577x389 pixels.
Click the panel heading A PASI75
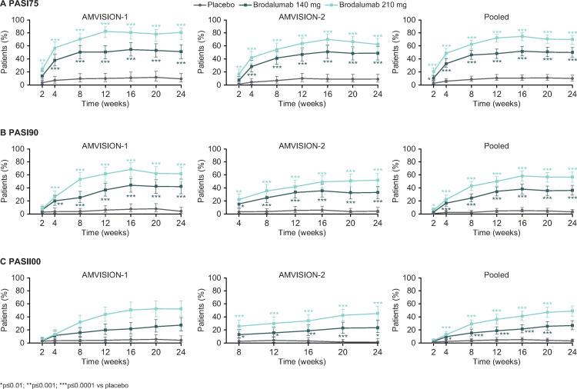click(x=19, y=5)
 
